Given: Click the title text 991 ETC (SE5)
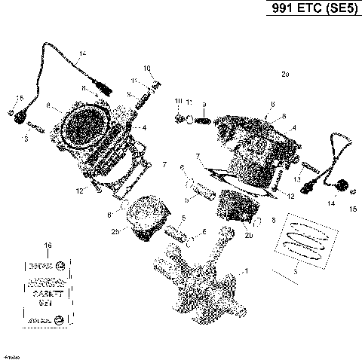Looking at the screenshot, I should (x=310, y=11).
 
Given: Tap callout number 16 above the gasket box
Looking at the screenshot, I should (x=48, y=246).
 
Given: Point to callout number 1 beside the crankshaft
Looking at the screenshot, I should (x=243, y=270).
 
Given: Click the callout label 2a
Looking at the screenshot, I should (x=284, y=75).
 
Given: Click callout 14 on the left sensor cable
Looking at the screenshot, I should (x=82, y=52).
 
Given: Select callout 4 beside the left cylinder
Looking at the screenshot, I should (x=144, y=127).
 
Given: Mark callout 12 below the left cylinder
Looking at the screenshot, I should (x=100, y=191).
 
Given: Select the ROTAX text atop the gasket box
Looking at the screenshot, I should (x=39, y=266).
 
